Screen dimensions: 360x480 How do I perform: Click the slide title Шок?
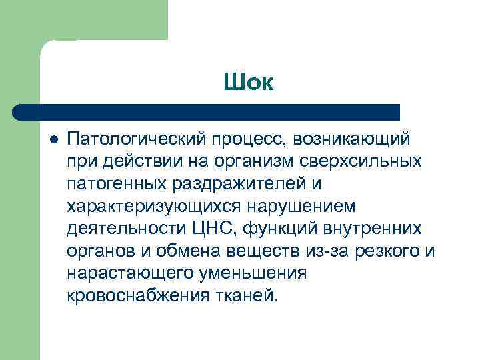coord(249,83)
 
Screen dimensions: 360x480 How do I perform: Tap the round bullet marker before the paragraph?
coord(54,139)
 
